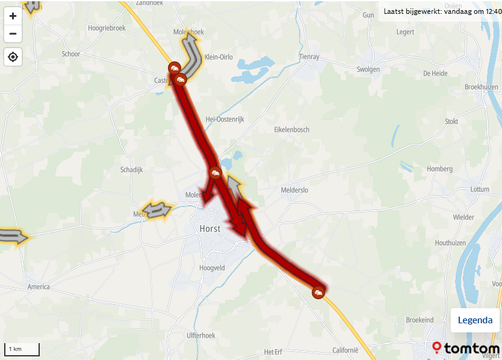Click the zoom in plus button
[x=13, y=16]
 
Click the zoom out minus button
[x=13, y=33]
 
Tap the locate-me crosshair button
[x=13, y=57]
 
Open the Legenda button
[x=475, y=320]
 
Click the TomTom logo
[x=466, y=349]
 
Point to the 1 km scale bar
[x=22, y=349]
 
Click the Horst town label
[x=210, y=229]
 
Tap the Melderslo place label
[x=294, y=190]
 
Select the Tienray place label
[x=310, y=57]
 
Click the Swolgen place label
[x=368, y=69]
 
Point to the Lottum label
[x=480, y=189]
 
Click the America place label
[x=39, y=287]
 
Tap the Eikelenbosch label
[x=291, y=129]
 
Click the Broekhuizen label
[x=482, y=87]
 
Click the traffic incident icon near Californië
[x=318, y=293]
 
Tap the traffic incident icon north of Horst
[x=215, y=173]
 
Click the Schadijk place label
[x=131, y=170]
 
